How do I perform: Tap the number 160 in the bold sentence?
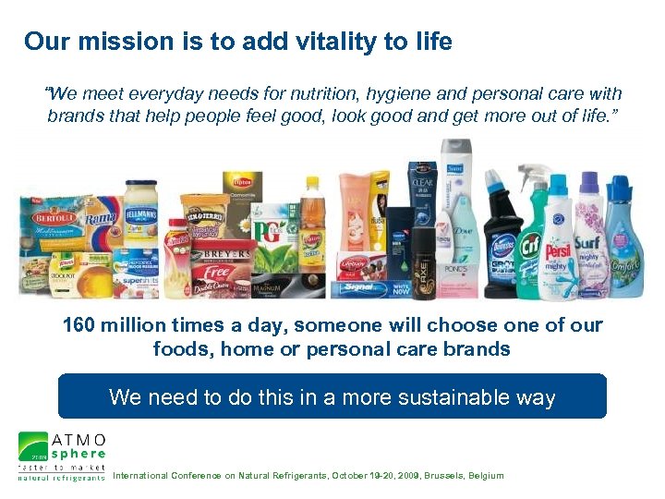tap(81, 325)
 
